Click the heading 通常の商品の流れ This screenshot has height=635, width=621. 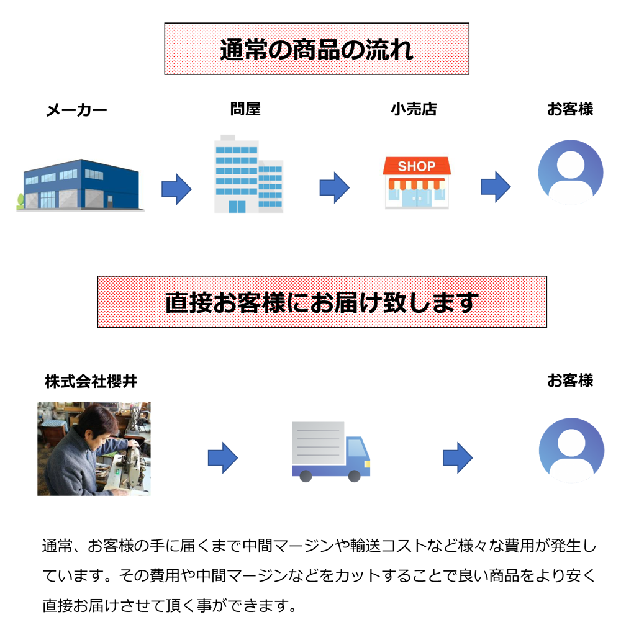316,50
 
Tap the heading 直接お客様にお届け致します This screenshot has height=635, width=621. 321,302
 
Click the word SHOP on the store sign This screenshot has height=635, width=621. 417,166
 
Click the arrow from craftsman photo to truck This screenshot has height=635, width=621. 222,459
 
